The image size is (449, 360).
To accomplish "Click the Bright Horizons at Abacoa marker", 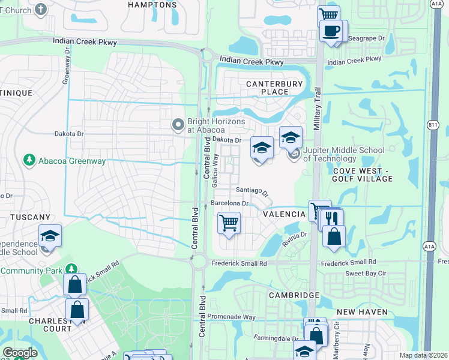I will pos(178,125).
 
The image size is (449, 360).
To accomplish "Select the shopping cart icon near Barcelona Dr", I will pos(229,223).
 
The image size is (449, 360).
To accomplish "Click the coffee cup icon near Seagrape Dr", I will pos(331,30).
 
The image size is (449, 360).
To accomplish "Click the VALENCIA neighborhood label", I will pos(284,214).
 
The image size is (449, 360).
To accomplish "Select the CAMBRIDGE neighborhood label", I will pos(294,296).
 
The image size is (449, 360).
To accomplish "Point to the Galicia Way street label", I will pos(214,173).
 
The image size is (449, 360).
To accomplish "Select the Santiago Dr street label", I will pos(252,191).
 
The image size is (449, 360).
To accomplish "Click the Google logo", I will pos(20,353).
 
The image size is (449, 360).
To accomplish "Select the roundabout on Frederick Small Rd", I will pos(199,262).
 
